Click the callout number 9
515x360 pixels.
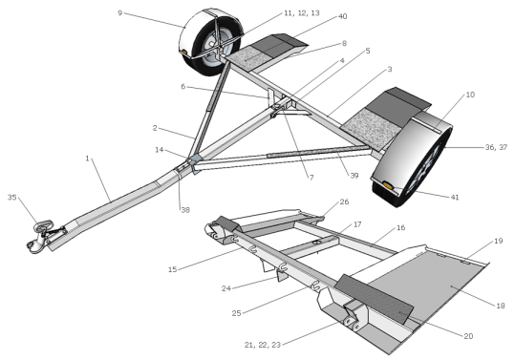(x=119, y=13)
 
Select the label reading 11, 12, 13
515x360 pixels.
(x=302, y=13)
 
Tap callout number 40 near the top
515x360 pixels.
(x=341, y=17)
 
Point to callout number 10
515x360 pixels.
(x=470, y=95)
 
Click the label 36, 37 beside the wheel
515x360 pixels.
(x=495, y=148)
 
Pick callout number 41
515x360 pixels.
(x=455, y=198)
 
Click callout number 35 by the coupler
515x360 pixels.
(x=12, y=198)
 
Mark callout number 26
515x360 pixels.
(x=344, y=202)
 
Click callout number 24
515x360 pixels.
(x=226, y=287)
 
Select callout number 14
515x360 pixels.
(x=159, y=150)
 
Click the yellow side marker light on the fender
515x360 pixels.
(x=387, y=180)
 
